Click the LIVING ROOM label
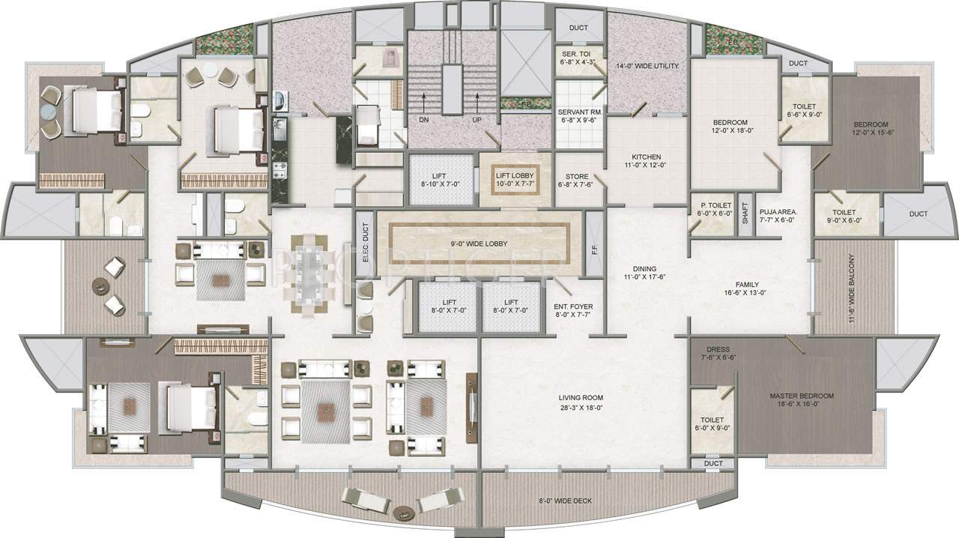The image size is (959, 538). click(581, 398)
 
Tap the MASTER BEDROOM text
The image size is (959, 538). click(801, 396)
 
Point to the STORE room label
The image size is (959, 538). click(576, 177)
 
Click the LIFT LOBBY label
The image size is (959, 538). click(513, 175)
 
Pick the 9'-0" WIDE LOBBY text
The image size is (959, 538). click(479, 244)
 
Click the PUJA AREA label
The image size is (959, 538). click(778, 212)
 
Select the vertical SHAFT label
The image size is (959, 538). click(745, 216)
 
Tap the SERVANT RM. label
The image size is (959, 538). click(581, 112)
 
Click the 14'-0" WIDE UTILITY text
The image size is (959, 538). click(647, 66)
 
